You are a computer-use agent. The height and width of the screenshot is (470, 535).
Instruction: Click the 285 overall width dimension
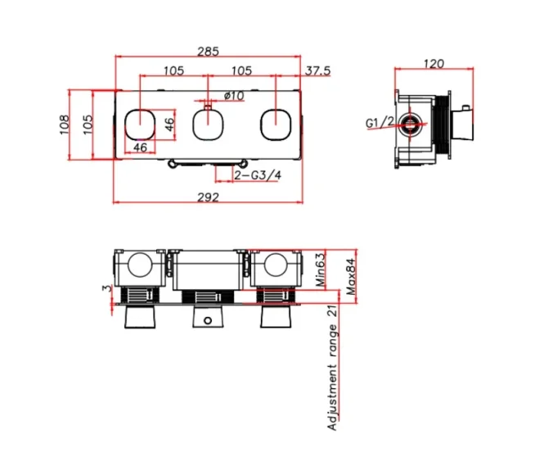(209, 51)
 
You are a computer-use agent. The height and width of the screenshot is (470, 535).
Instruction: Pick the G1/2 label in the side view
(380, 123)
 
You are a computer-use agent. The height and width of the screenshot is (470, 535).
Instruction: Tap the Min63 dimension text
(321, 269)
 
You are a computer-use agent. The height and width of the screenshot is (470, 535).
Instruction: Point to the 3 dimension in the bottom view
(106, 288)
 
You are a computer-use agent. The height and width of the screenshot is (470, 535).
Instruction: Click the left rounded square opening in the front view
(140, 124)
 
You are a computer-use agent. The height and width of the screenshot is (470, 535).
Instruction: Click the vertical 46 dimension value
(169, 124)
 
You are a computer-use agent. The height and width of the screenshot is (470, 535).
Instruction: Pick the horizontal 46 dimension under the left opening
(140, 147)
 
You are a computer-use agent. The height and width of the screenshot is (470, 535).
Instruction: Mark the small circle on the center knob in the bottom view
(208, 319)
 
